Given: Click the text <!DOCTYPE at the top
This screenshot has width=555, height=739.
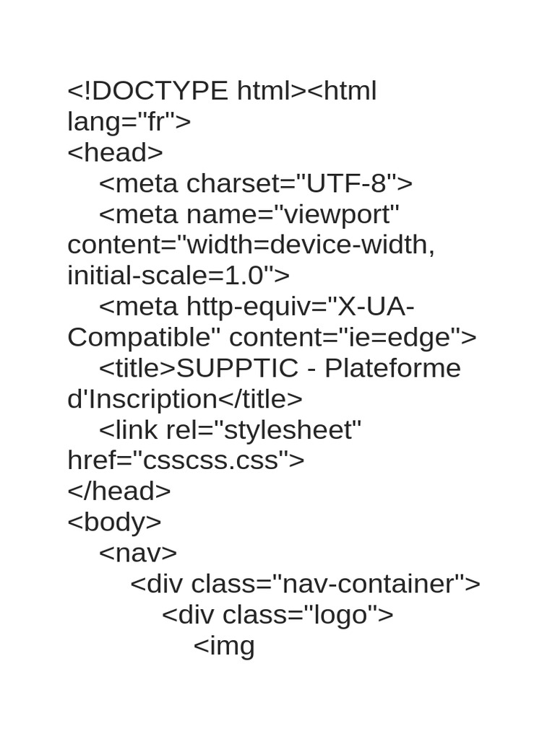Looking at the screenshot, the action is click(147, 90).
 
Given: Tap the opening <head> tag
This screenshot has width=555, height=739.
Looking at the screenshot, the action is click(115, 152).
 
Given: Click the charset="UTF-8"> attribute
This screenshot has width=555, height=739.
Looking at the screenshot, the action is click(300, 183).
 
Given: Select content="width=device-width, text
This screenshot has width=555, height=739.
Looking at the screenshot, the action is click(251, 245).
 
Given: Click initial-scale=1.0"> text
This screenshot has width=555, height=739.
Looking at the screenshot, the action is click(178, 275).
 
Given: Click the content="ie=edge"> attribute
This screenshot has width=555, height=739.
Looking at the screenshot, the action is click(353, 338).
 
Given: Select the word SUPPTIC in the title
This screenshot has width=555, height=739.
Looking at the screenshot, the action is click(237, 368).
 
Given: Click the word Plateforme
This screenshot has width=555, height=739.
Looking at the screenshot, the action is click(392, 368).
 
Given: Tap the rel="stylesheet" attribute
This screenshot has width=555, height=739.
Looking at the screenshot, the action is click(263, 430).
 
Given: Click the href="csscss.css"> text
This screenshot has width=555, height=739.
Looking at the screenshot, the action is click(186, 460).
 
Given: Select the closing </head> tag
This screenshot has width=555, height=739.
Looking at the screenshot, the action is click(119, 491).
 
